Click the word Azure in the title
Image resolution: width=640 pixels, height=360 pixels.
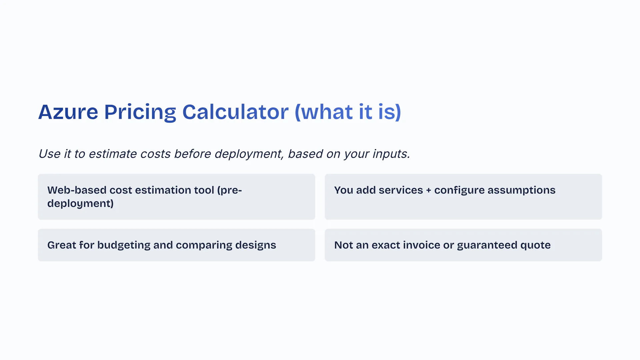click(x=68, y=112)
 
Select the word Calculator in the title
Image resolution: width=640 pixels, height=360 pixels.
click(x=235, y=112)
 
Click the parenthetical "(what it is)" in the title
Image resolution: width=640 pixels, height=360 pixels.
click(x=348, y=112)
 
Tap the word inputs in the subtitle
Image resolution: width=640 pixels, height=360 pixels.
click(x=391, y=154)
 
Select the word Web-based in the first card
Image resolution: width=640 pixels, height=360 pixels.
click(x=77, y=190)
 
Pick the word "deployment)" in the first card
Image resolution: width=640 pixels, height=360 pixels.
click(x=80, y=204)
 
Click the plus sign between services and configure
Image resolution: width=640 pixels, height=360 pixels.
click(x=428, y=190)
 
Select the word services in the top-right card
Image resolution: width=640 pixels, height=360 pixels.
click(x=401, y=190)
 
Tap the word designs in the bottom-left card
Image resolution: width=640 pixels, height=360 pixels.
click(x=256, y=245)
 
